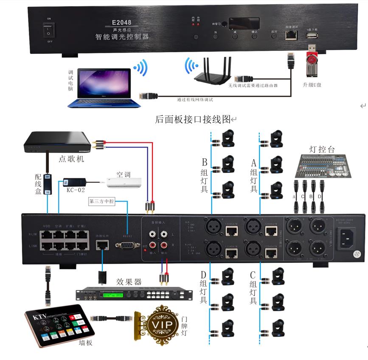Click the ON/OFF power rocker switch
[x=49, y=30]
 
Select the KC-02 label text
[x=76, y=189]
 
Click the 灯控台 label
[x=322, y=149]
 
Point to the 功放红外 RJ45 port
[x=102, y=245]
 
